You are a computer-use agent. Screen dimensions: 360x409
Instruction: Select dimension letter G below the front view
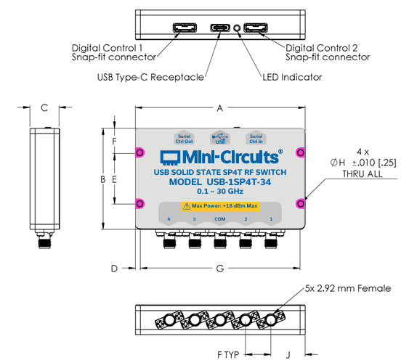pos(219,269)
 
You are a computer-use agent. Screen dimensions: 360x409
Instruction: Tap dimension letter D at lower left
pos(114,269)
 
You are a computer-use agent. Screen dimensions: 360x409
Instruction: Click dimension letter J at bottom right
pos(288,355)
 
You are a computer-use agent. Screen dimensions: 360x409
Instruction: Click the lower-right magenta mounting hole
pos(299,203)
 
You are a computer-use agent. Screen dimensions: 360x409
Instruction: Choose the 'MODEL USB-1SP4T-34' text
pos(220,182)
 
